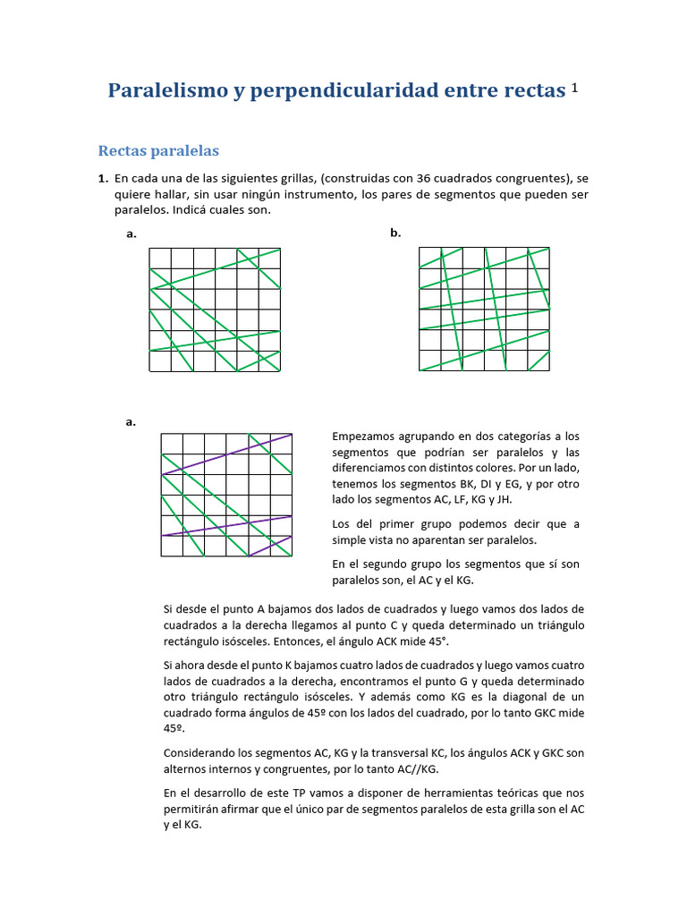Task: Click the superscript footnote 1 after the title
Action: (575, 88)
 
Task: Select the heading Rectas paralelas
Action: (158, 150)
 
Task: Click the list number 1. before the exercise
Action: (103, 178)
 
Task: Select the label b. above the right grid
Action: (395, 233)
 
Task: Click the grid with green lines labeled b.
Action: (484, 310)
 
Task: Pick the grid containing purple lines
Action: (226, 495)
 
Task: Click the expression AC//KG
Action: (416, 768)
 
